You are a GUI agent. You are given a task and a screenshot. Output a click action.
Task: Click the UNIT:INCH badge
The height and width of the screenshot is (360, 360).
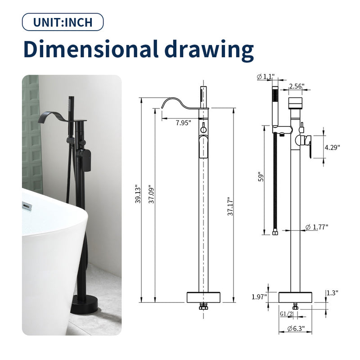click(63, 22)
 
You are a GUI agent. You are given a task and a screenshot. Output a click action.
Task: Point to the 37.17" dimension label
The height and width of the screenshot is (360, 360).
click(230, 206)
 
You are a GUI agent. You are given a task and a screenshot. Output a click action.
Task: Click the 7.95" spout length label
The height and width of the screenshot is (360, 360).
click(183, 122)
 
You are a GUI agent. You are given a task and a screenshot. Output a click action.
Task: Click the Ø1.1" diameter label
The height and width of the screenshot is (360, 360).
click(265, 77)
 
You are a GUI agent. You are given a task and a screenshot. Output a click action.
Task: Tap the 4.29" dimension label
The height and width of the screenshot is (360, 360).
click(333, 147)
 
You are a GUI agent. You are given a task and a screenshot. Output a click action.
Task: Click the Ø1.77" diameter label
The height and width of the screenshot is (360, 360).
click(317, 227)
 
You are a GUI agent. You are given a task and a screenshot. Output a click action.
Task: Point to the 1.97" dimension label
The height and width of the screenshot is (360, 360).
click(260, 297)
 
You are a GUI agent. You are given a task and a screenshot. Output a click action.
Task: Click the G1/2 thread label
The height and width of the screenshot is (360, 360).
click(286, 313)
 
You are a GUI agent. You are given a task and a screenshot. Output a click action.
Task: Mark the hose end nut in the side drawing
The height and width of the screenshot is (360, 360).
click(275, 233)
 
